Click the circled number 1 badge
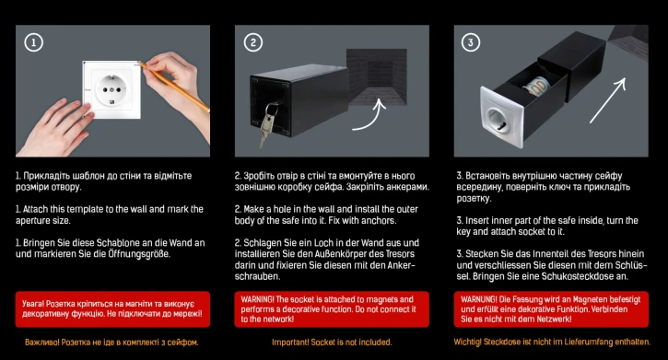tap(34, 42)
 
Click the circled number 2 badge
tap(253, 42)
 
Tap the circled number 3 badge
tap(471, 42)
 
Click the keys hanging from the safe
tap(267, 123)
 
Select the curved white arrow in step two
tap(370, 117)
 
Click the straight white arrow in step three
tap(608, 100)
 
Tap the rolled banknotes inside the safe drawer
tap(537, 87)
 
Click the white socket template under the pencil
tap(111, 90)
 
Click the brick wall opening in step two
tap(377, 76)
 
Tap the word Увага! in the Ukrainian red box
tap(33, 304)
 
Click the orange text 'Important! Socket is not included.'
tap(332, 343)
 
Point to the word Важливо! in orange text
tap(41, 343)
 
